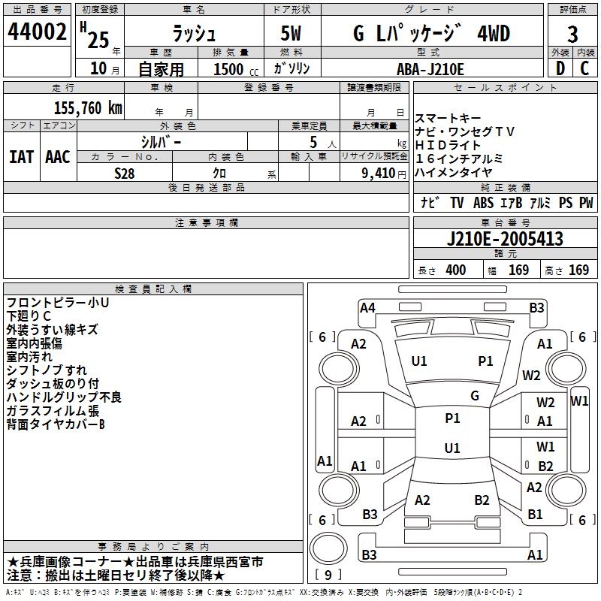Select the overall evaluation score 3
(x=572, y=35)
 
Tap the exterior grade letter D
(x=559, y=68)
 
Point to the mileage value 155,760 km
(x=88, y=107)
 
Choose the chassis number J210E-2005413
(x=504, y=240)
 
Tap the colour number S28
(x=125, y=172)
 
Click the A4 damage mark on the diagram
(x=367, y=307)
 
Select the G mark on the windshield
(x=475, y=395)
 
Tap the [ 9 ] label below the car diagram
(x=327, y=575)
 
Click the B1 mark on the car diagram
(x=535, y=515)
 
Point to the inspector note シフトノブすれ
(x=47, y=370)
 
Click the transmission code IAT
(x=21, y=156)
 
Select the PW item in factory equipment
(x=586, y=202)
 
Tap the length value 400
(x=455, y=270)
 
